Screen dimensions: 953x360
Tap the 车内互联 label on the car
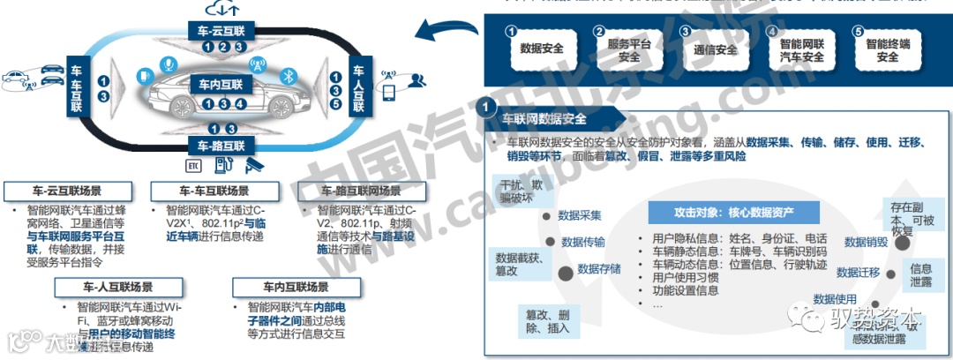(x=218, y=84)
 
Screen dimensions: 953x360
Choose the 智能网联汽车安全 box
(x=801, y=49)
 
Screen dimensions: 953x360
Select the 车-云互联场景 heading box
(x=68, y=190)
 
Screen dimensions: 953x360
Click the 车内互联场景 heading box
(x=283, y=288)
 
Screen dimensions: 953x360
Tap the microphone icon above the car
(x=167, y=64)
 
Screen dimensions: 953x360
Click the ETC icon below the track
(x=193, y=165)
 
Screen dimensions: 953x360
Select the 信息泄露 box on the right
(x=921, y=274)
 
